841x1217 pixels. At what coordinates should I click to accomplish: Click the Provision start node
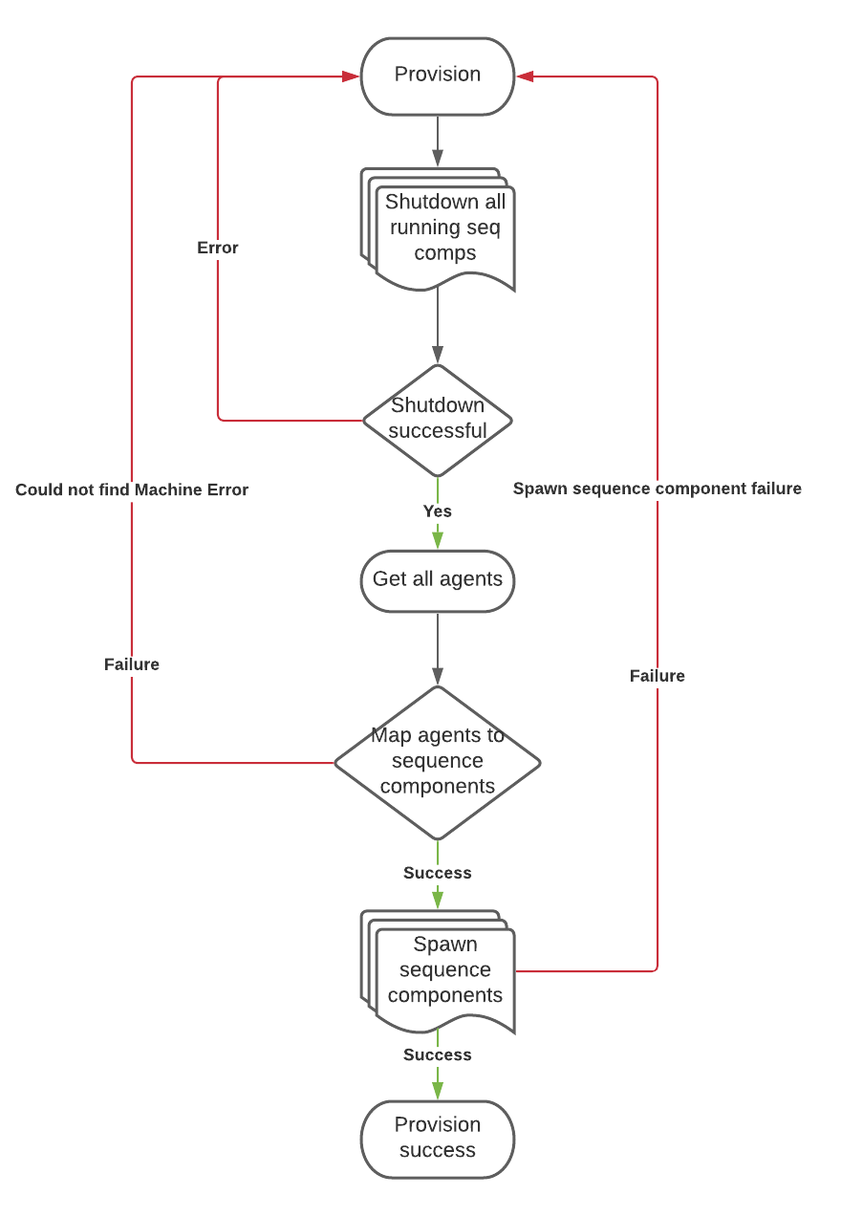coord(437,76)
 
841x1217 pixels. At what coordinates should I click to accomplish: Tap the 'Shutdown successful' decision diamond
coord(438,419)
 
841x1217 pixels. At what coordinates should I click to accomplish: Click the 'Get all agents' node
coord(437,579)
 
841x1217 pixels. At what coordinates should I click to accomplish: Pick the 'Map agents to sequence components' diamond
coord(437,762)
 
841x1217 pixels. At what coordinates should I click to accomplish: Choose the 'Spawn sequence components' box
coord(443,970)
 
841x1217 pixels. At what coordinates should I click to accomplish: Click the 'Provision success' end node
coord(437,1138)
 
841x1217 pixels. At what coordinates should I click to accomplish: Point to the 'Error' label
coord(218,248)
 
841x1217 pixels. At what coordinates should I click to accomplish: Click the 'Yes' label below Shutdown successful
coord(438,511)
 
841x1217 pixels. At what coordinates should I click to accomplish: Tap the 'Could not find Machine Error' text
coord(132,490)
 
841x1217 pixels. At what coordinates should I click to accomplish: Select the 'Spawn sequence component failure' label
coord(657,489)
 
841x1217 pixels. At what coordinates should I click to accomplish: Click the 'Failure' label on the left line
coord(132,664)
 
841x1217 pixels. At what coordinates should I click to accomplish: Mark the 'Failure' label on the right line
coord(657,676)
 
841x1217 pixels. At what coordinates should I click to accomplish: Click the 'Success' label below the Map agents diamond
coord(438,873)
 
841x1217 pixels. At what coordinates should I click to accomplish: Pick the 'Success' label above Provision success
coord(438,1054)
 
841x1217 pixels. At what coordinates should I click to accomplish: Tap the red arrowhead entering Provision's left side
coord(351,76)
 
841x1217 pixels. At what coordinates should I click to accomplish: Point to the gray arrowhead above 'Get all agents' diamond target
coord(438,676)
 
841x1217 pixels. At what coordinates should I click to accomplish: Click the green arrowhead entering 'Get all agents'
coord(438,539)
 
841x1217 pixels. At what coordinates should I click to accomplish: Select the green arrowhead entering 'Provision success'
coord(438,1090)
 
